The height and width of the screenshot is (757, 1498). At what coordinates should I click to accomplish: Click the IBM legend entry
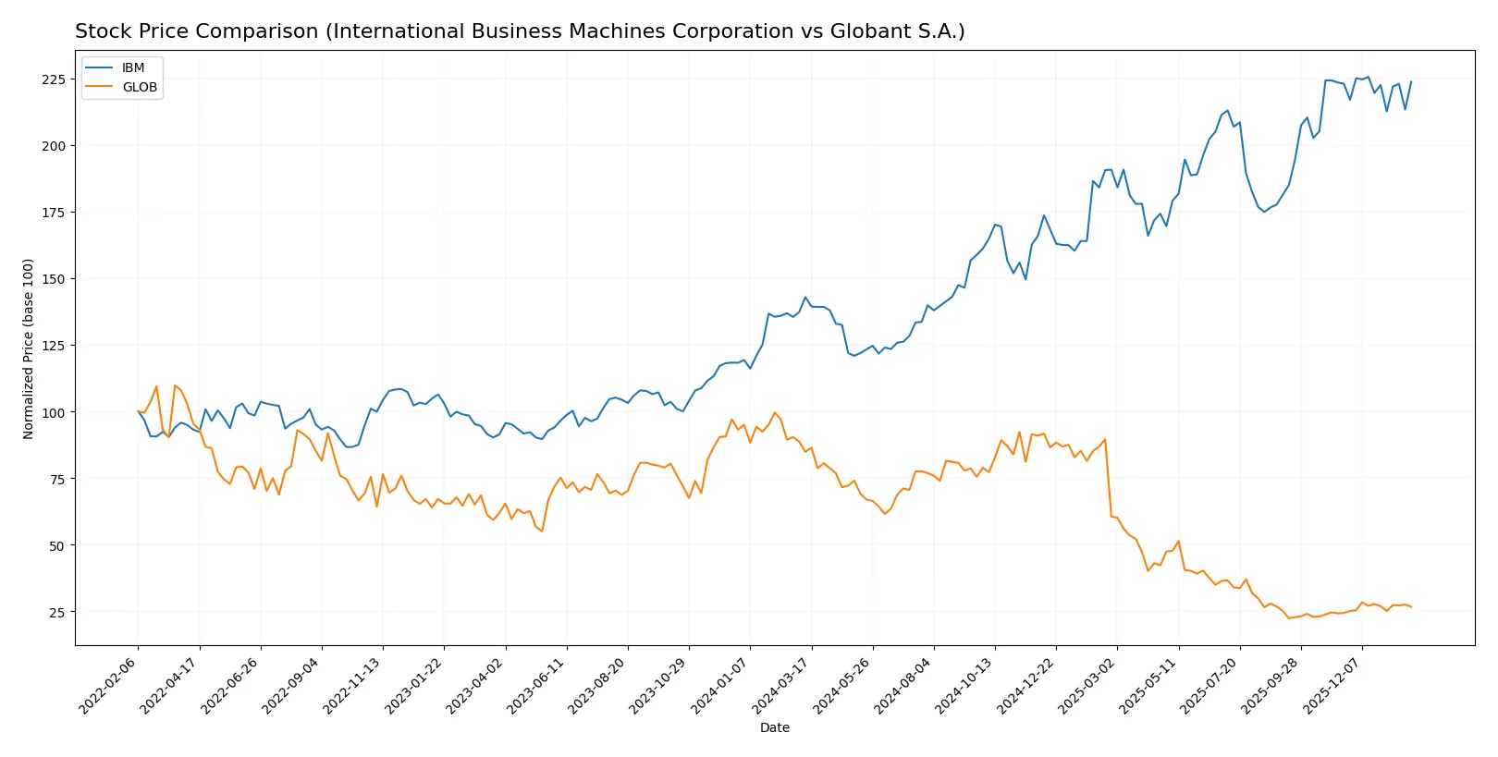point(132,67)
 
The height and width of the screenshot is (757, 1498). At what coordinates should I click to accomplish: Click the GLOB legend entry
point(139,87)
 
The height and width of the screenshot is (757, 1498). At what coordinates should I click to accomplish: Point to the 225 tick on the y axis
point(54,79)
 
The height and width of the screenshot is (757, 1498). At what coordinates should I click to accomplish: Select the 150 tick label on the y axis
point(54,279)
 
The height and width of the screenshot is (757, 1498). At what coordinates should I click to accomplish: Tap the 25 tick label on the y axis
point(57,613)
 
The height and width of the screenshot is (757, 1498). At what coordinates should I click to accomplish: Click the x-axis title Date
point(774,727)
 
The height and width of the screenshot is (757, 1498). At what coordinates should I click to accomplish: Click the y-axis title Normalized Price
point(28,348)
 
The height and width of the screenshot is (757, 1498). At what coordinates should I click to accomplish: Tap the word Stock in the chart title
point(99,31)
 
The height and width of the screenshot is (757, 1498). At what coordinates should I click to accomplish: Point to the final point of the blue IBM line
point(1411,81)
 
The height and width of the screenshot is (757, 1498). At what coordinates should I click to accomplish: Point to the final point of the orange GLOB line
point(1411,607)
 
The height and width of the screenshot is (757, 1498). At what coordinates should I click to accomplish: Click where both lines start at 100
point(138,411)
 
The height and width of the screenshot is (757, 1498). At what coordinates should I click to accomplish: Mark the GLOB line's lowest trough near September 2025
point(1289,617)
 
